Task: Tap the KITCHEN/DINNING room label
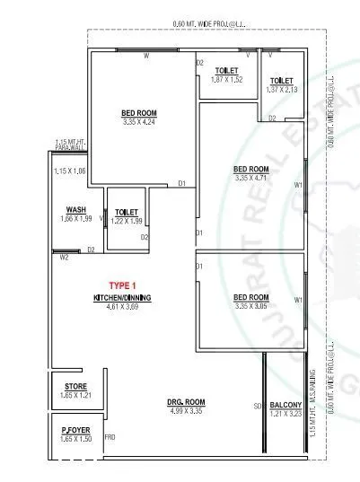[122, 297]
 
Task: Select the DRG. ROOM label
[186, 401]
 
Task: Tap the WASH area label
[63, 209]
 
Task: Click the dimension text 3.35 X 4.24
[140, 122]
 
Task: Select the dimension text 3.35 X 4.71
[251, 178]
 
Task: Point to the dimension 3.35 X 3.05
[251, 306]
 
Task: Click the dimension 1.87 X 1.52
[227, 80]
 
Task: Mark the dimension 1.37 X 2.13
[282, 90]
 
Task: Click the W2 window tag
[64, 258]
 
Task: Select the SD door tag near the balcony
[257, 407]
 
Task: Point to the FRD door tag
[110, 437]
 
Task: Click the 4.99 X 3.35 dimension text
[186, 412]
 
